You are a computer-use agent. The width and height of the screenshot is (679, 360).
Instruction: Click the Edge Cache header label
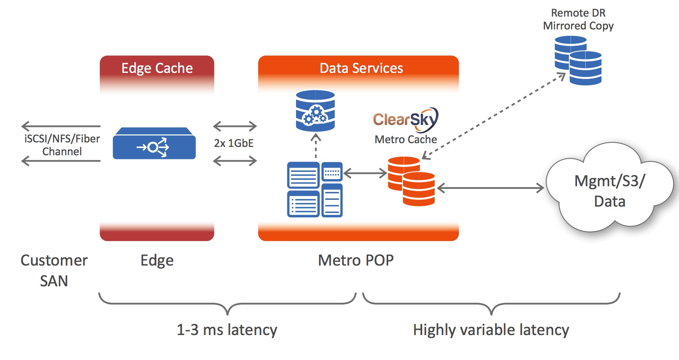pyautogui.click(x=157, y=68)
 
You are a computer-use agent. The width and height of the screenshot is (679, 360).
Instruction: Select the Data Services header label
pyautogui.click(x=361, y=68)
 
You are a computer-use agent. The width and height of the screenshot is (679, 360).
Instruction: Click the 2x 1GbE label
pyautogui.click(x=234, y=144)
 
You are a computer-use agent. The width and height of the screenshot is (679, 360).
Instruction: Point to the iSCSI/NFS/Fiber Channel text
pyautogui.click(x=62, y=145)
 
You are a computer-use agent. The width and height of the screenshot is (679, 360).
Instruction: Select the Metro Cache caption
pyautogui.click(x=406, y=139)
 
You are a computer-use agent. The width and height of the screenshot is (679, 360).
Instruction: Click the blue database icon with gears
pyautogui.click(x=315, y=111)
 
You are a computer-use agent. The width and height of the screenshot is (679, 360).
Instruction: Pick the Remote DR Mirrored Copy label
pyautogui.click(x=578, y=19)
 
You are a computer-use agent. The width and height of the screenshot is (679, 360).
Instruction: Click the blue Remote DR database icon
pyautogui.click(x=578, y=60)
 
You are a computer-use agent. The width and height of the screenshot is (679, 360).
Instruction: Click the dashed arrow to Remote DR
pyautogui.click(x=493, y=117)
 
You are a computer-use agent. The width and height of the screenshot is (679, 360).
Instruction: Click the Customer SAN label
pyautogui.click(x=54, y=270)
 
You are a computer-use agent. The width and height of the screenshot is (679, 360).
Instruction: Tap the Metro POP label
pyautogui.click(x=356, y=260)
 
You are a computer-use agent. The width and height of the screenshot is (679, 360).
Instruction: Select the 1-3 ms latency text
pyautogui.click(x=227, y=330)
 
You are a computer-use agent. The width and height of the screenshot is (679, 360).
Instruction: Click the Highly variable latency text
pyautogui.click(x=491, y=330)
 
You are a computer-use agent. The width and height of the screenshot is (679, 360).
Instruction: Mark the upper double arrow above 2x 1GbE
pyautogui.click(x=235, y=126)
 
